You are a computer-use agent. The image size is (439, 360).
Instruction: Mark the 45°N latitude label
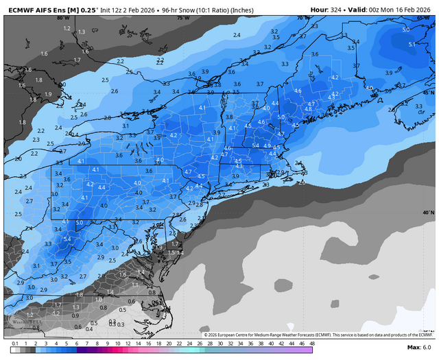(x=428, y=92)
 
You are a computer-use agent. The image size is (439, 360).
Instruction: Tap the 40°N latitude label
(x=428, y=213)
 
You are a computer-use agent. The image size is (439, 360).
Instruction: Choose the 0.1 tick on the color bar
(x=14, y=343)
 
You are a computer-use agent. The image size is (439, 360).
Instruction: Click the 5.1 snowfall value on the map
(x=411, y=44)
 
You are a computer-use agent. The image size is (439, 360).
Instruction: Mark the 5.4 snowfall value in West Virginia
(x=67, y=238)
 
